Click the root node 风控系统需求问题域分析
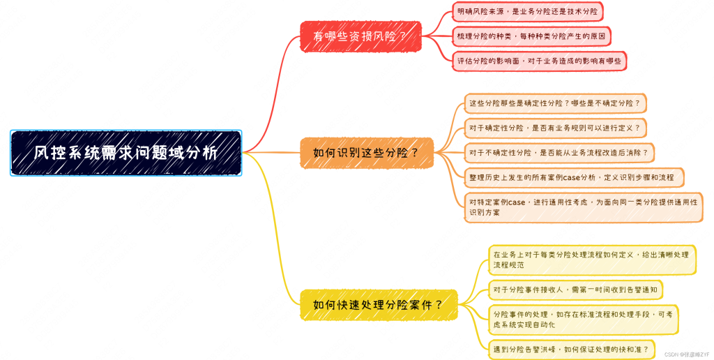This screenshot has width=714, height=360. click(126, 153)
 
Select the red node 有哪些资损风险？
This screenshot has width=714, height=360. click(360, 36)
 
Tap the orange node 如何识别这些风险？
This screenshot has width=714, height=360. click(367, 153)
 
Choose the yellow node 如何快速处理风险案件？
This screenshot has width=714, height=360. click(379, 305)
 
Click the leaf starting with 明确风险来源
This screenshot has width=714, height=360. click(527, 11)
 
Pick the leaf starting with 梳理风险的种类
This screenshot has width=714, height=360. click(531, 36)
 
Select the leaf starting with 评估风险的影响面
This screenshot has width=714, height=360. click(539, 61)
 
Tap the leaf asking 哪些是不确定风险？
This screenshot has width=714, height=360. click(555, 103)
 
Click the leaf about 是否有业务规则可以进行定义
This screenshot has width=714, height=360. click(555, 128)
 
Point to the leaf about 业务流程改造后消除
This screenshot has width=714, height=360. click(559, 153)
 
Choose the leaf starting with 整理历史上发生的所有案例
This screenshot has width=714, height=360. click(575, 177)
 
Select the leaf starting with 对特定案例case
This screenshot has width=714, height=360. click(584, 207)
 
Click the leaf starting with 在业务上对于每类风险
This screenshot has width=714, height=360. click(592, 260)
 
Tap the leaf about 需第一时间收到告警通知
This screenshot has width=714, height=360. click(575, 290)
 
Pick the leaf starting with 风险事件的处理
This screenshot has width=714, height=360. click(584, 320)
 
